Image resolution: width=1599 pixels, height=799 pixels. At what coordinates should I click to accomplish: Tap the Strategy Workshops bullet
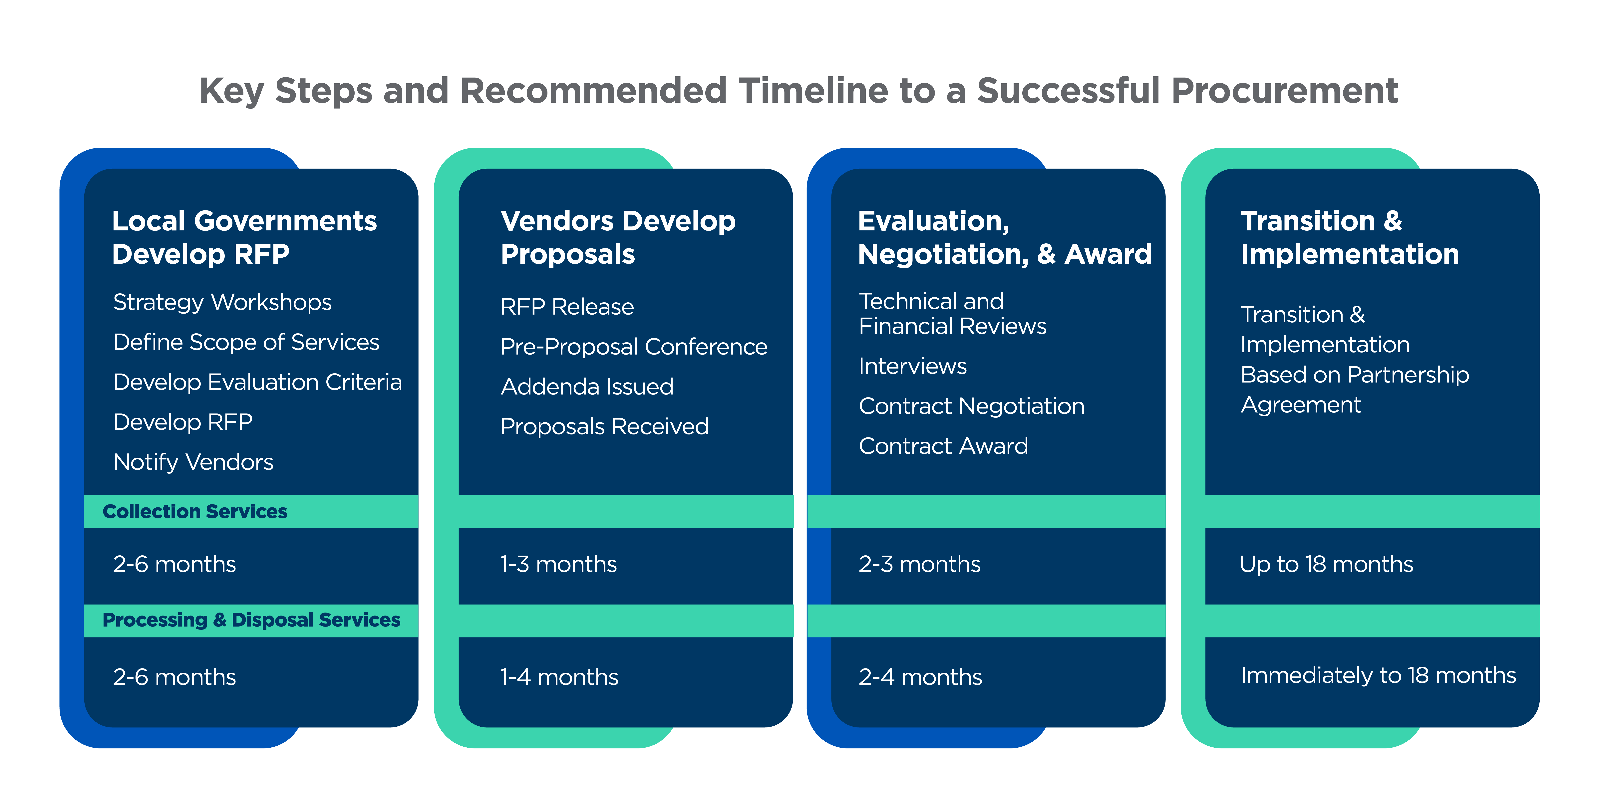coord(222,302)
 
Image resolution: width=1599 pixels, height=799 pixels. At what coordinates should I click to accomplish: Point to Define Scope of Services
coord(246,342)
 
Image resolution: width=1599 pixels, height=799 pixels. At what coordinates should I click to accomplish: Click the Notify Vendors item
coord(193,462)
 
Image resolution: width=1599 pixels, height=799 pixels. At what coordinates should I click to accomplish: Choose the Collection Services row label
coord(195,512)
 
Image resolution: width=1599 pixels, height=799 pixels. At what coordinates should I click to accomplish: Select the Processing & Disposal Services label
coord(251,620)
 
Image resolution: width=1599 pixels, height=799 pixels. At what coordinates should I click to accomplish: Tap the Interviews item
coord(912,366)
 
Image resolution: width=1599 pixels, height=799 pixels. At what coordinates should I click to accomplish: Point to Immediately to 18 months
coord(1378,675)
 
